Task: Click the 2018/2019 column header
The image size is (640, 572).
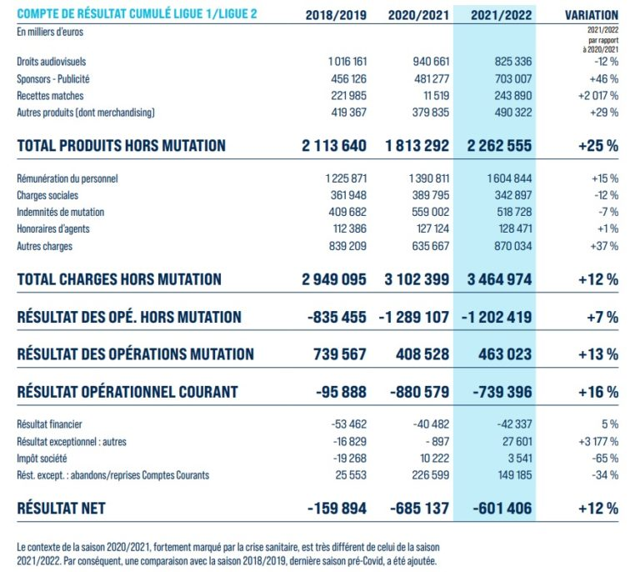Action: point(336,15)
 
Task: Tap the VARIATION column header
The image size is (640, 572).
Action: point(591,15)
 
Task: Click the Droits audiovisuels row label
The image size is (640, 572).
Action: point(52,62)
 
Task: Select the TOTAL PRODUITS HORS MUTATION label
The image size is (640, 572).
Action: point(121,146)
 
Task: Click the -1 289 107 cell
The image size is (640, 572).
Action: point(414,318)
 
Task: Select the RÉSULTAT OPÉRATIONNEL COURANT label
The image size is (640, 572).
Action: point(127,392)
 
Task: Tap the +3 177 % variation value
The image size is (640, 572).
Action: point(594,441)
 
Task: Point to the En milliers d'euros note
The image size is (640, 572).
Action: point(50,33)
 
